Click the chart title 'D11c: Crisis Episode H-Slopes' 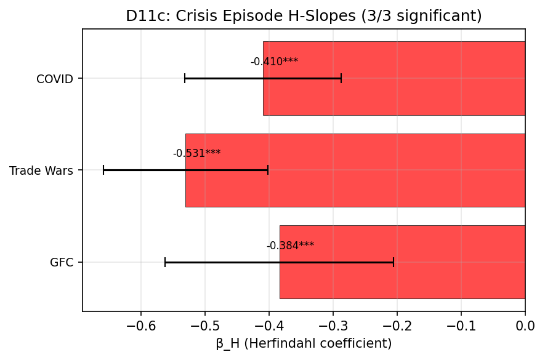pos(304,16)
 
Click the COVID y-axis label pos(55,79)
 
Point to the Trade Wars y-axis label pos(41,170)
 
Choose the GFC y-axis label pos(62,263)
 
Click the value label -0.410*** pos(274,62)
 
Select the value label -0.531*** pos(196,153)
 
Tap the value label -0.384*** pos(290,246)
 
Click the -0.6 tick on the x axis pos(141,325)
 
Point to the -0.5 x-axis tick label pos(205,325)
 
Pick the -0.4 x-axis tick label pos(269,325)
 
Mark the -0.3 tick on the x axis pos(333,325)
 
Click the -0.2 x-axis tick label pos(397,325)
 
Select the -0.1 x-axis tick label pos(461,325)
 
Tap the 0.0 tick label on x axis pos(525,325)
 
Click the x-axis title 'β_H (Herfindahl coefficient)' pos(304,343)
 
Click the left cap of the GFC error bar pos(165,262)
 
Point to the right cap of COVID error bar pos(341,78)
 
